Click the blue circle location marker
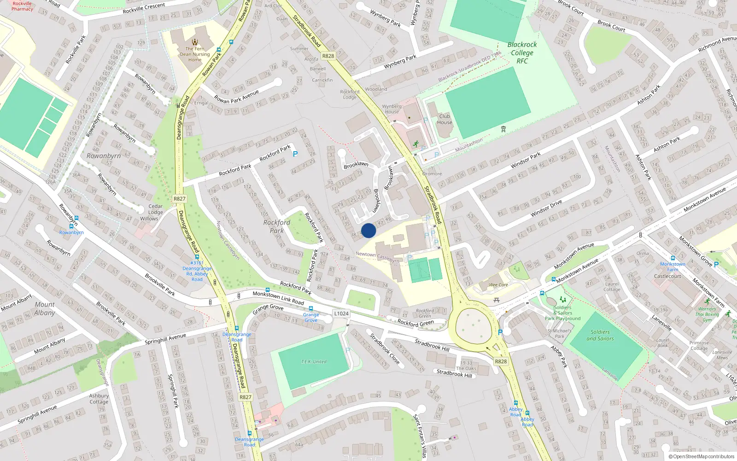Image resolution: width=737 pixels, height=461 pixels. pos(368,230)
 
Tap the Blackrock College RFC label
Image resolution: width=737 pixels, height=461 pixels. pos(522,53)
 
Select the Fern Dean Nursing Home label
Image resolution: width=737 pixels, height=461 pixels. pos(195,54)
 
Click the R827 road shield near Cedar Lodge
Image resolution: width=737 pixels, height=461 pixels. pos(180,199)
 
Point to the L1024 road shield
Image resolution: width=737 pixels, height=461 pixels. pos(341,313)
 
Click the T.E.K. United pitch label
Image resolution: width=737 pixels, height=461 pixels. pos(314,362)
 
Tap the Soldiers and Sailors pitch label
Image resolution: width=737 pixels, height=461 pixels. pos(600,335)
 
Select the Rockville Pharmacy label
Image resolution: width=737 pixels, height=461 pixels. pos(22,6)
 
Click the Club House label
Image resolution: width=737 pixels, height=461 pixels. pos(445,119)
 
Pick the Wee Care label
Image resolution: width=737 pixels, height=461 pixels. pos(498,285)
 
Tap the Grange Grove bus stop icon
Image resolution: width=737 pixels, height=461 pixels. pos(311,308)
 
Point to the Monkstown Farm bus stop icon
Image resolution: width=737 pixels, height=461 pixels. pos(673,258)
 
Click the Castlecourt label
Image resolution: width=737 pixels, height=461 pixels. pos(667,276)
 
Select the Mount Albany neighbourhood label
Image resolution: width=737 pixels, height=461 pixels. pos(44,308)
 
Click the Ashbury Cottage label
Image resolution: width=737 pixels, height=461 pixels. pos(99,399)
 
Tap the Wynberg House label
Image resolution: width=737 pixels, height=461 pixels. pos(392,109)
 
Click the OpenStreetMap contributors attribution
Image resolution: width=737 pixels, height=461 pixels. pos(702,456)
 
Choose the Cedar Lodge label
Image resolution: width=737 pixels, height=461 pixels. pos(156,209)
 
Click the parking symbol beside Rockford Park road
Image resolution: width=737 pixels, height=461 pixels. pos(295,154)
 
